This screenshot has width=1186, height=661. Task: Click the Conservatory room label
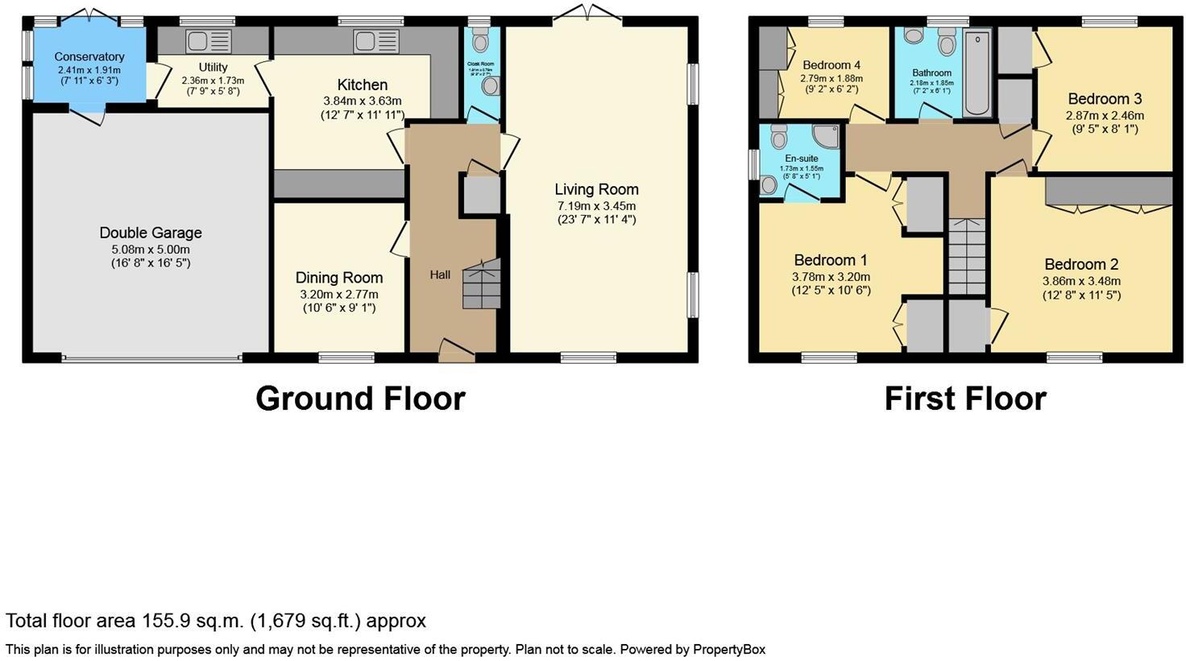pos(89,57)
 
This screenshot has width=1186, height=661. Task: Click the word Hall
pos(440,275)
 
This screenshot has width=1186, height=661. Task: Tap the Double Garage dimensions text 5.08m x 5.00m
pos(151,250)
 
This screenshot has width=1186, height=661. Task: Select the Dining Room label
pos(339,278)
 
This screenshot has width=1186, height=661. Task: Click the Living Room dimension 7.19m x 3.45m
pos(596,206)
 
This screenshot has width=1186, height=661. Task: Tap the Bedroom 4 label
pos(831,65)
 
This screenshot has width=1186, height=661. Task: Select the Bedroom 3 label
pos(1105,99)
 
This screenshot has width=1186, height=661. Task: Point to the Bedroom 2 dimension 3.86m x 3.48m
pos(1081,281)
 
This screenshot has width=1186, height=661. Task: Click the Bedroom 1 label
pos(831,260)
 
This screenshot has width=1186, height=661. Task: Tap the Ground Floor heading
pos(360,399)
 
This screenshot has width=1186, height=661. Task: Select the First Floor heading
pos(965,399)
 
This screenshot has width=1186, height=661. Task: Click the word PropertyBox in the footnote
pos(729,649)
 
